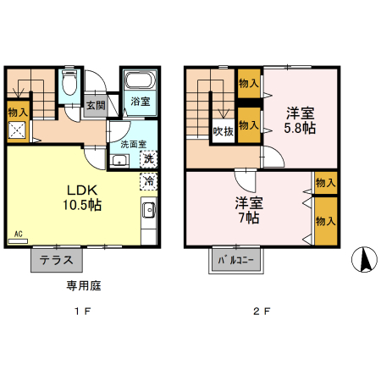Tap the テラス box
(x=57, y=260)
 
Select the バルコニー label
(x=235, y=260)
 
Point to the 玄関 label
(x=96, y=106)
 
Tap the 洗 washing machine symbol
(x=147, y=158)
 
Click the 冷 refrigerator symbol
(x=147, y=180)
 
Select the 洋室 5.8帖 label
(x=299, y=121)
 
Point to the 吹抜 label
(x=223, y=131)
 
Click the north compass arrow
(x=366, y=259)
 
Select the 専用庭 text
(x=85, y=286)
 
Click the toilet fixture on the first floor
(x=70, y=84)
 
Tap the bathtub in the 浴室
(x=139, y=82)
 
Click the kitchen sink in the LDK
(x=147, y=212)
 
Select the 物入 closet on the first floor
(x=18, y=112)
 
